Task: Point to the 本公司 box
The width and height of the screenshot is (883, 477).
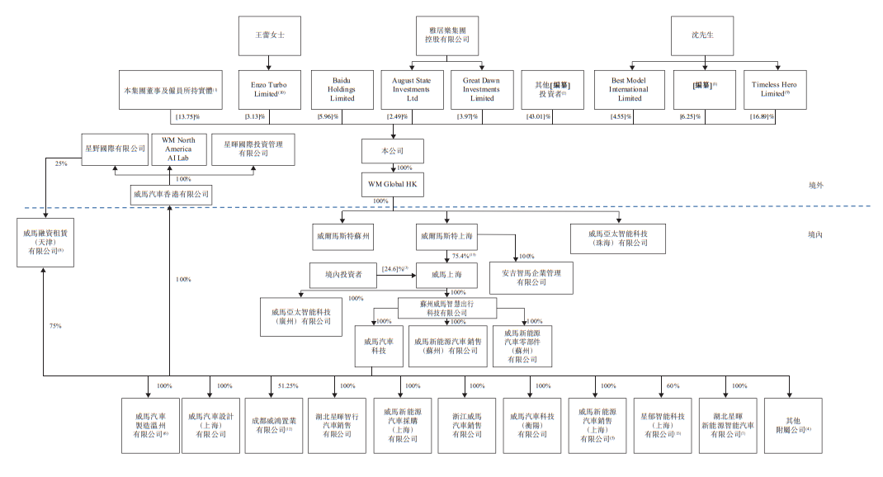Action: pos(393,151)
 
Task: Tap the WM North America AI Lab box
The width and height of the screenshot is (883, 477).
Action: pos(178,149)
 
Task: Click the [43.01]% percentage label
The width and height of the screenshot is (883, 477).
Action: pos(541,117)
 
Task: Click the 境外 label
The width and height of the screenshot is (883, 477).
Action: pos(815,186)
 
